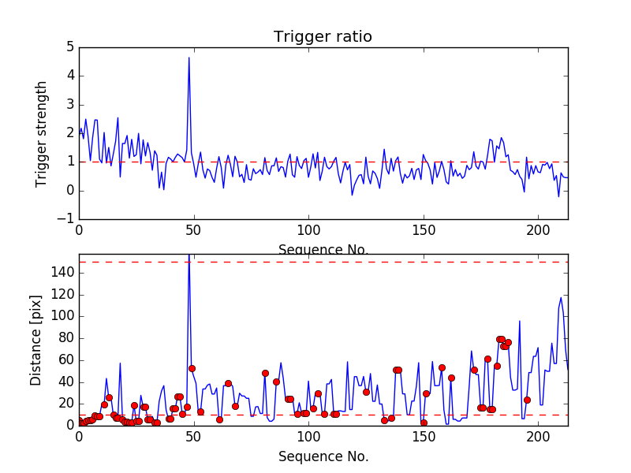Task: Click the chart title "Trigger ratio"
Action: point(323,37)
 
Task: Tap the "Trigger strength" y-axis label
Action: point(42,133)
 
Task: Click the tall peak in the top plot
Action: point(189,58)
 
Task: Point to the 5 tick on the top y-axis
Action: point(70,47)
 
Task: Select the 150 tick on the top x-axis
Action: point(424,230)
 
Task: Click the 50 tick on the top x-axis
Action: point(193,230)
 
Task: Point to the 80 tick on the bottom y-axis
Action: point(66,338)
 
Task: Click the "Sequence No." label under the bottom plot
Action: point(323,456)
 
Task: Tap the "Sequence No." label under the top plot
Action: point(323,250)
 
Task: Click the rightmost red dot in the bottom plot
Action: point(527,400)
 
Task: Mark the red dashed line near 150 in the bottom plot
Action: point(315,262)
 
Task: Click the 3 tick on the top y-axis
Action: point(70,105)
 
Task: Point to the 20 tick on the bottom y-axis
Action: point(66,404)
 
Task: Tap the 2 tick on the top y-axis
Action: point(70,133)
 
